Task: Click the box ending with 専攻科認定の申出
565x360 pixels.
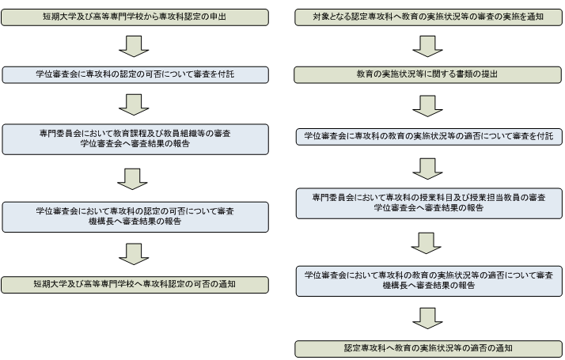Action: [135, 15]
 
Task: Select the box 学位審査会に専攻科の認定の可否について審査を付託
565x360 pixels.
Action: [135, 74]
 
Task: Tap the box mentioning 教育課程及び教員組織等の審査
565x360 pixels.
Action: [135, 138]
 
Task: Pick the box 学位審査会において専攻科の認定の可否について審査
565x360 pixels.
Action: [135, 216]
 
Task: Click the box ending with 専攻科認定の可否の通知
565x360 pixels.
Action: [135, 284]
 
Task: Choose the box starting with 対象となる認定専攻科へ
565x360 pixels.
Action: [428, 15]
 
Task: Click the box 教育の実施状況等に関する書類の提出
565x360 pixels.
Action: [428, 74]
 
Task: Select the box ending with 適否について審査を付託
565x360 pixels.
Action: [428, 136]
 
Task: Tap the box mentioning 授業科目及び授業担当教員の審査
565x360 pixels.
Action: [428, 203]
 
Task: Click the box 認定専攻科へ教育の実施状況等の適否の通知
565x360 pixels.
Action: [428, 347]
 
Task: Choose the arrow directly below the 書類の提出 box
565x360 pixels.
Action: [428, 104]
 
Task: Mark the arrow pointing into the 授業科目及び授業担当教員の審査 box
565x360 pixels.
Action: [428, 168]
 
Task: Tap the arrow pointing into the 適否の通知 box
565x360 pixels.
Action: [428, 317]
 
